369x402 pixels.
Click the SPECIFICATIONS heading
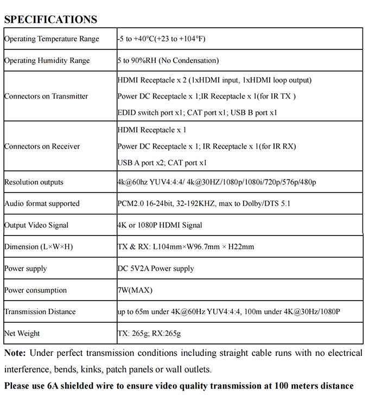(50, 19)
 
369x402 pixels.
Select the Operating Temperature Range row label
(52, 39)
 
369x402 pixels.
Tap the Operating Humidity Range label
(47, 61)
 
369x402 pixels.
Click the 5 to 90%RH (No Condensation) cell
(168, 61)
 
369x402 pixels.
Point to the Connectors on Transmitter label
(46, 97)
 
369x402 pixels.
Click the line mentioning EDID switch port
(197, 113)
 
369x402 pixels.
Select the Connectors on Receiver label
(42, 146)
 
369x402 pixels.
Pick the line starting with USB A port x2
(162, 163)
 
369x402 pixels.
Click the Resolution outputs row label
(34, 182)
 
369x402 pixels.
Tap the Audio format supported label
(42, 204)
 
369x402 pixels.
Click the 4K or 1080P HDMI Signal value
(160, 225)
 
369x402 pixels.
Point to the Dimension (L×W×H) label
(39, 247)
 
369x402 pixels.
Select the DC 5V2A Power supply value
(156, 269)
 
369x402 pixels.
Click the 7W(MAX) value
(135, 290)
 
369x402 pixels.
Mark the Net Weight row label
(22, 333)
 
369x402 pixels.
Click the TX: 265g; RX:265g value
(149, 333)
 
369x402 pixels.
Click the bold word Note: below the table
(15, 353)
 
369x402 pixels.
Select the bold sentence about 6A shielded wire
(179, 386)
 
